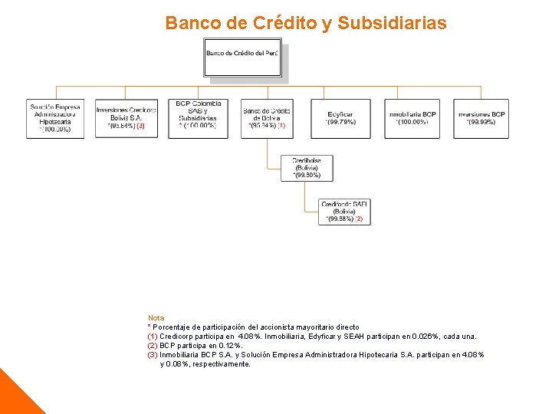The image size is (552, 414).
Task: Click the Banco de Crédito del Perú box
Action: [242, 60]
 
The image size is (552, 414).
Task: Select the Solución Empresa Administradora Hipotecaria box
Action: [55, 118]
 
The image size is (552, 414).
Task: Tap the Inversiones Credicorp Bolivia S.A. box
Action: [126, 118]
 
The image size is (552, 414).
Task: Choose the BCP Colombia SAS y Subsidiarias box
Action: [199, 118]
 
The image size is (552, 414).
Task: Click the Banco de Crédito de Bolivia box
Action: [267, 118]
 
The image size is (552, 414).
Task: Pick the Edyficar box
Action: [340, 118]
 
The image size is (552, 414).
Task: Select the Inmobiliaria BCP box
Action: [412, 118]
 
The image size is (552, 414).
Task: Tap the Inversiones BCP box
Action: [481, 118]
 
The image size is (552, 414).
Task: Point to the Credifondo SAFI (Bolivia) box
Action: [344, 212]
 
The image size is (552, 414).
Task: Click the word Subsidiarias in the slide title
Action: [391, 24]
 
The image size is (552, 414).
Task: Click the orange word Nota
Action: [156, 317]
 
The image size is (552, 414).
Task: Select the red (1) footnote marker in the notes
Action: [153, 336]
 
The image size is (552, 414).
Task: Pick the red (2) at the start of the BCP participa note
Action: [153, 345]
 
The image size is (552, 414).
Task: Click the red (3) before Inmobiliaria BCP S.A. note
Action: [153, 354]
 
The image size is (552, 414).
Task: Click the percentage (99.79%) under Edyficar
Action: [340, 123]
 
